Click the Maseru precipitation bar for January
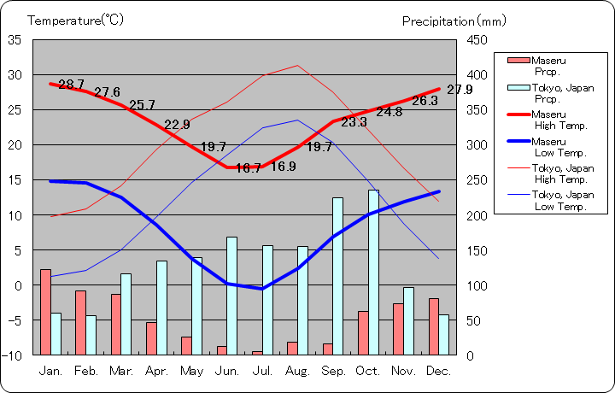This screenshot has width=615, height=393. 45,312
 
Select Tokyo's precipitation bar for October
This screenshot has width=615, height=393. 373,272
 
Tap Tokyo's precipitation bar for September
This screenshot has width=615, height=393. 338,276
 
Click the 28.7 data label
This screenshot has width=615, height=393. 71,85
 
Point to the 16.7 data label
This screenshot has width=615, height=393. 248,168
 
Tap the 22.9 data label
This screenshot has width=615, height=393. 177,125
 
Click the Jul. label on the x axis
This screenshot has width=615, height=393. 262,371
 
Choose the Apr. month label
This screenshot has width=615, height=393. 156,371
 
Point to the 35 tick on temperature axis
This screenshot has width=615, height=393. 15,39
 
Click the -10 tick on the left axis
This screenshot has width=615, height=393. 13,355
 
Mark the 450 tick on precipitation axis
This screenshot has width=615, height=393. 477,39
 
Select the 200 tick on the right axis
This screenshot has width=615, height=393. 477,214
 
